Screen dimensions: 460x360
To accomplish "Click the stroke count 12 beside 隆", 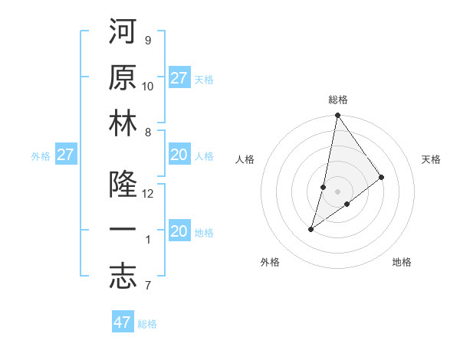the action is click(x=148, y=194).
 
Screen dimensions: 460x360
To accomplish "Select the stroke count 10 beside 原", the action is click(x=148, y=86).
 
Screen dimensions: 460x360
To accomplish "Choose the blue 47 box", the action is click(x=123, y=322).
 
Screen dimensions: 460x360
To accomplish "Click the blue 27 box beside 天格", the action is click(x=179, y=78).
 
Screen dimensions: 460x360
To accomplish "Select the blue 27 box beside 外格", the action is click(x=66, y=155).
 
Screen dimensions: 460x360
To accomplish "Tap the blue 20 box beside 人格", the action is click(x=179, y=155).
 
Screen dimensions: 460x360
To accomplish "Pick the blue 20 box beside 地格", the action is click(x=179, y=231).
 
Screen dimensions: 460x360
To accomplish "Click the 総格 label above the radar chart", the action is click(x=338, y=100).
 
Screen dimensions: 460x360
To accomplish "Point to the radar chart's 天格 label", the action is click(x=432, y=159).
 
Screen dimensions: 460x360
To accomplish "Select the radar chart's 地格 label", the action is click(x=402, y=262).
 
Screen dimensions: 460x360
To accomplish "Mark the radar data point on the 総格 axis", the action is click(x=337, y=116).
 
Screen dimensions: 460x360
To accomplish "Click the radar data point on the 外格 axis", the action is click(x=311, y=228).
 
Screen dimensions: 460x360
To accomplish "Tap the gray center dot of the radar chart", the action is click(x=337, y=191).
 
